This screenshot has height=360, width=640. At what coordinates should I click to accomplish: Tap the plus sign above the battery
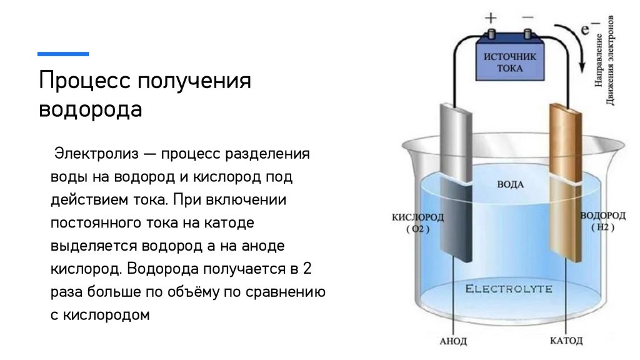[x=491, y=18]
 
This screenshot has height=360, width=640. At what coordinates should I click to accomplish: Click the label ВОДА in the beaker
[x=510, y=185]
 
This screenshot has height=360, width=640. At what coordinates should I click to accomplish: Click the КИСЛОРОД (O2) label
[x=418, y=222]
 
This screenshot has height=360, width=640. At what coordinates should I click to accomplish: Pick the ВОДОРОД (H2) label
[x=602, y=221]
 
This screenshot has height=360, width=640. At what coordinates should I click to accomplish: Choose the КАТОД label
[x=566, y=341]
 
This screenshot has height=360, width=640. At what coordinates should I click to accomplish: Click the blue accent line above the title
[x=63, y=54]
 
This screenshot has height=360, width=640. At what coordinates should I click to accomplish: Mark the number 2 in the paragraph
[x=306, y=269]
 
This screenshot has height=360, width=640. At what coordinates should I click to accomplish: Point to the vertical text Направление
[x=599, y=62]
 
